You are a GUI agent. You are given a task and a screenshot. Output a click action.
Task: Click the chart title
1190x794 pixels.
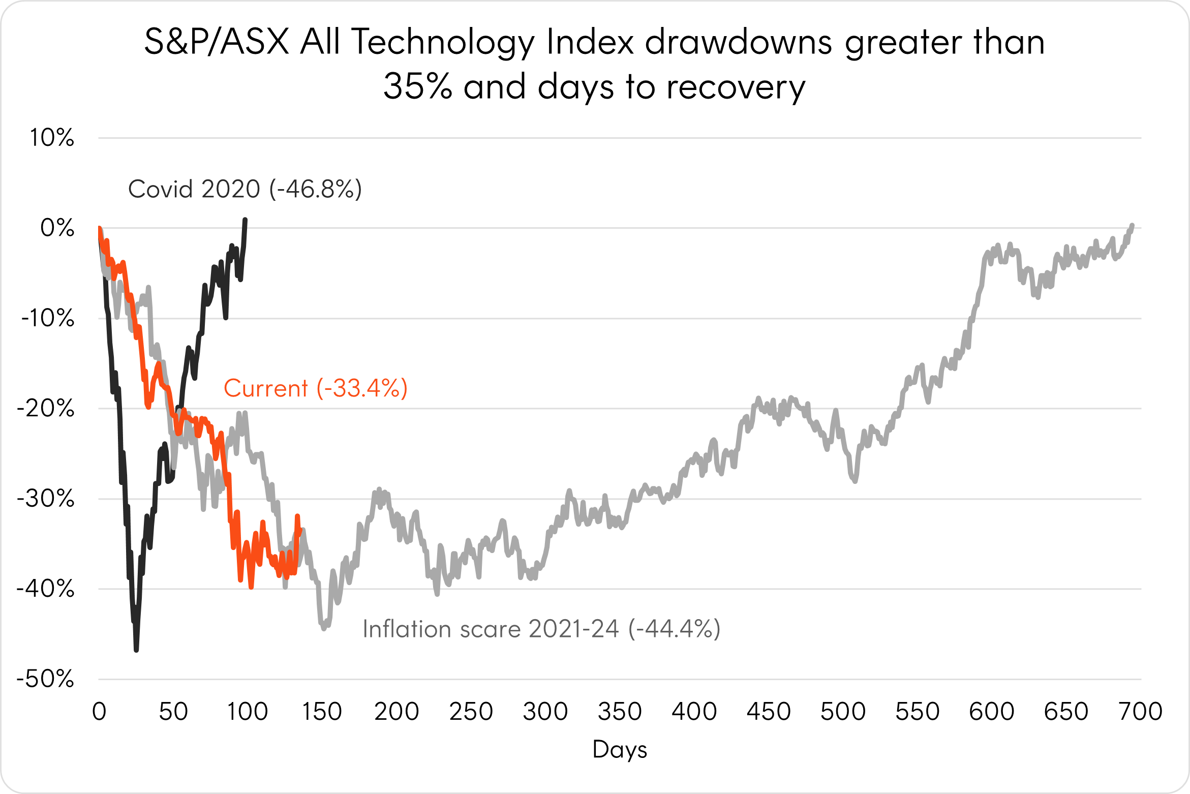tap(595, 64)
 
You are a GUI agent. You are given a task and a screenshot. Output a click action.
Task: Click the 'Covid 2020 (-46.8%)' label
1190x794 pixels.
tap(245, 189)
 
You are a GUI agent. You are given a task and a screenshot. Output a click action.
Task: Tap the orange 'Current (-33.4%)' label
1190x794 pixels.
tap(316, 388)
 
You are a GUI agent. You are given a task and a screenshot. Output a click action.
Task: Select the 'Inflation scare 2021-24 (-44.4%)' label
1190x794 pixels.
tap(541, 629)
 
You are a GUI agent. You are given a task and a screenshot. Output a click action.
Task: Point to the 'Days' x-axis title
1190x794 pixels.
tap(620, 749)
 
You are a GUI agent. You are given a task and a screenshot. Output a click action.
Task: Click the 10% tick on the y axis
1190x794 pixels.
tap(52, 138)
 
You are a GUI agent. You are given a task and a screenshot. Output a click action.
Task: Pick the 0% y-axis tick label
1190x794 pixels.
tap(57, 228)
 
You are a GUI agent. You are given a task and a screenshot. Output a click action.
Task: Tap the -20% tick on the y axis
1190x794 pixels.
tap(46, 408)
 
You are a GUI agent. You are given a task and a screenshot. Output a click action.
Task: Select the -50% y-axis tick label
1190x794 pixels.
tap(46, 679)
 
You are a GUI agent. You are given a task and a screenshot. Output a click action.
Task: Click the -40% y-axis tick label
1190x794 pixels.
tap(46, 589)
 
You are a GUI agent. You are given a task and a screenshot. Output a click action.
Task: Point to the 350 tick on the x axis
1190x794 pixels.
tap(620, 712)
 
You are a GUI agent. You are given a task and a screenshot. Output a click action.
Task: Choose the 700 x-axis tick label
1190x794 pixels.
tap(1141, 712)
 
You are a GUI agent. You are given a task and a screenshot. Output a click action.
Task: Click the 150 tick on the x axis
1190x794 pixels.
tap(322, 712)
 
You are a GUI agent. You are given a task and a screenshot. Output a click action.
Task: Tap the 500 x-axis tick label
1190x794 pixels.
tap(843, 712)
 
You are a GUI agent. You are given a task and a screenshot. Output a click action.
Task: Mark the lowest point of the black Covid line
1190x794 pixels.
tap(136, 650)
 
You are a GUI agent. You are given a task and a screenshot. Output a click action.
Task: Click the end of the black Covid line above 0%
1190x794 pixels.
tap(246, 220)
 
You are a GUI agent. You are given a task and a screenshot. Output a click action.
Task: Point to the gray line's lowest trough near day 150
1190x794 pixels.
tap(324, 629)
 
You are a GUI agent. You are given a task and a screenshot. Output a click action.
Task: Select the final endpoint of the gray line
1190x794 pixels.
tap(1132, 225)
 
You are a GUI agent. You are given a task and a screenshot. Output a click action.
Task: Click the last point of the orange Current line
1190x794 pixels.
tap(297, 516)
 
